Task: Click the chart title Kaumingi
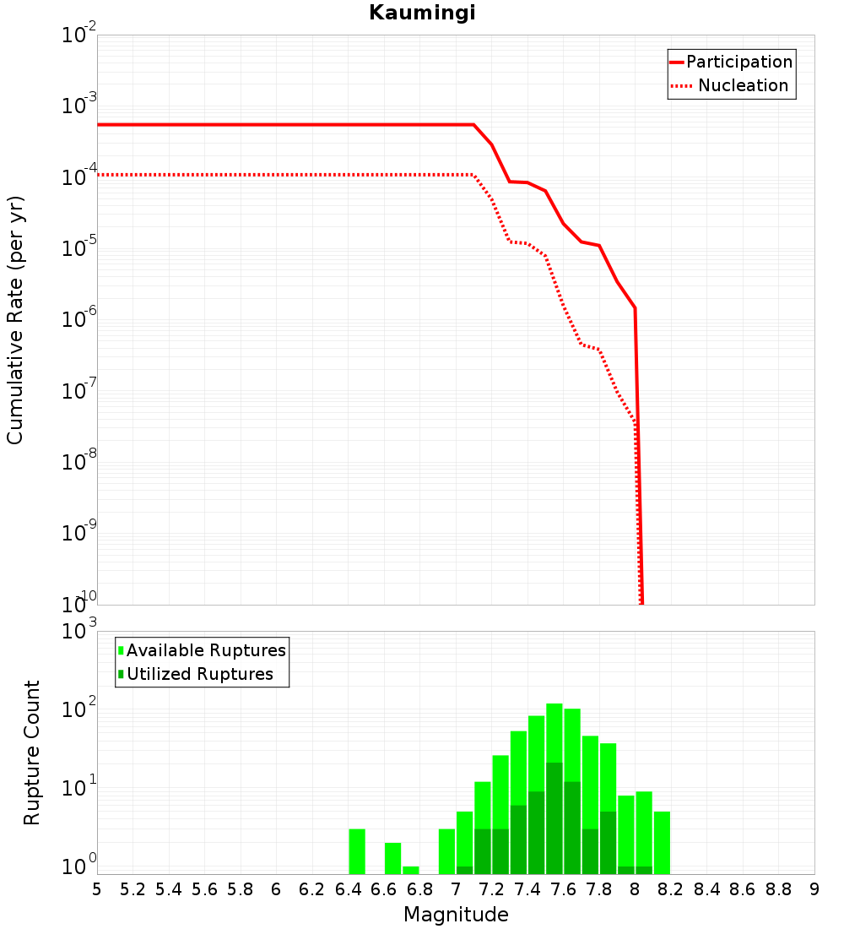tap(422, 13)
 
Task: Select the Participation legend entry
tap(738, 62)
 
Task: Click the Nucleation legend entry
tap(742, 85)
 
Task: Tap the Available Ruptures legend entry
tap(206, 650)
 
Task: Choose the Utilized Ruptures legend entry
tap(199, 674)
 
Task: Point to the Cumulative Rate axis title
tap(15, 319)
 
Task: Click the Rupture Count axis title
tap(32, 752)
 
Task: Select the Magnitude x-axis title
tap(456, 915)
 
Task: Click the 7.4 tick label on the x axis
tap(527, 888)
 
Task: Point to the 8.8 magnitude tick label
tap(778, 888)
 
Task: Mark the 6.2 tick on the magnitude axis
tap(312, 888)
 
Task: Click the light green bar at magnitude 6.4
tap(357, 851)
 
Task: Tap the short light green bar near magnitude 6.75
tap(411, 870)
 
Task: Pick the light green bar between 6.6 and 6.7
tap(393, 858)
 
